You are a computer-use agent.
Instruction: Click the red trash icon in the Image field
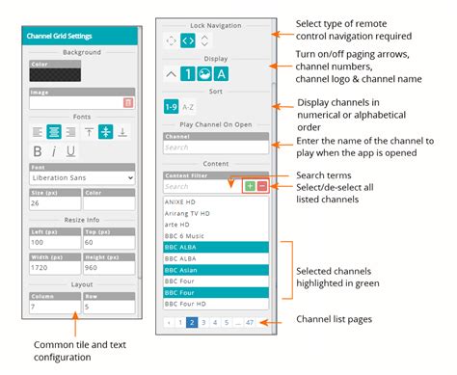[128, 101]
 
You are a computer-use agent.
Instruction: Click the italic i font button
[55, 150]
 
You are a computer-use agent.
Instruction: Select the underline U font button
[71, 150]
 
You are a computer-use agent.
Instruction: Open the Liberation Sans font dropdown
[82, 177]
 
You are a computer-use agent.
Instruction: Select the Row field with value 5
[109, 306]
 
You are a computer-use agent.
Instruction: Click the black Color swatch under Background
[55, 74]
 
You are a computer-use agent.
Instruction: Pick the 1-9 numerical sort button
[172, 107]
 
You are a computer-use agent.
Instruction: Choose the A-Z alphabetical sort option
[190, 107]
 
